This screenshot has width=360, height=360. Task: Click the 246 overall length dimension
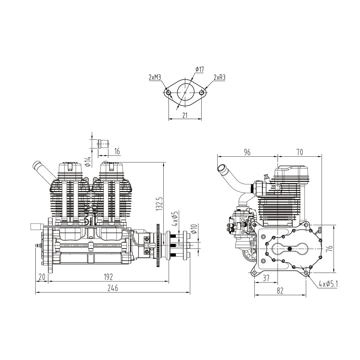(112, 288)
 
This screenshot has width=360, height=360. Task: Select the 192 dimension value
(108, 277)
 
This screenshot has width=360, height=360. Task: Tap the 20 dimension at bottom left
(42, 277)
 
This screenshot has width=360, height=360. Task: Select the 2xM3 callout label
(154, 77)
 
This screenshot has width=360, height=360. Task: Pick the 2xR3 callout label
(219, 77)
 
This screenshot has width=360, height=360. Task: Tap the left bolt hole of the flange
(169, 93)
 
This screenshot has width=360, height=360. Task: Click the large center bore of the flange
(185, 93)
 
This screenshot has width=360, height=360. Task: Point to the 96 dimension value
(247, 152)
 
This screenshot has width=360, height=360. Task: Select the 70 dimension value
(300, 152)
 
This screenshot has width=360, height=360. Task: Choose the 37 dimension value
(266, 278)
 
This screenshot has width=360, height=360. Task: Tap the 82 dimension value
(280, 290)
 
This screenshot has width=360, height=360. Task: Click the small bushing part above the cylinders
(103, 144)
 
